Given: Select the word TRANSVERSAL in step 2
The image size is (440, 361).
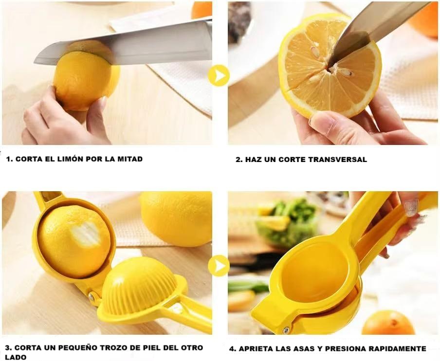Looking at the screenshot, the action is coord(337,160).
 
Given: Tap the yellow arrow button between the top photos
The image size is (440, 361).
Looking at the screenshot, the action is coord(219,75).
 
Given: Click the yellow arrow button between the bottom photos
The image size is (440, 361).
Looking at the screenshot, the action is coord(219,266).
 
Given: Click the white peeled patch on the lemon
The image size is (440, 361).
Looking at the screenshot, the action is coord(86,233).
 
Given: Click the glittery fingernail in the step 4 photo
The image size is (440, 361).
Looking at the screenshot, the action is coord(411,208).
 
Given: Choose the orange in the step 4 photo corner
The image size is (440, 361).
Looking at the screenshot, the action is coord(388,323).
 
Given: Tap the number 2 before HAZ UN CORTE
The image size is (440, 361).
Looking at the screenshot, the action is coord(238,160).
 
